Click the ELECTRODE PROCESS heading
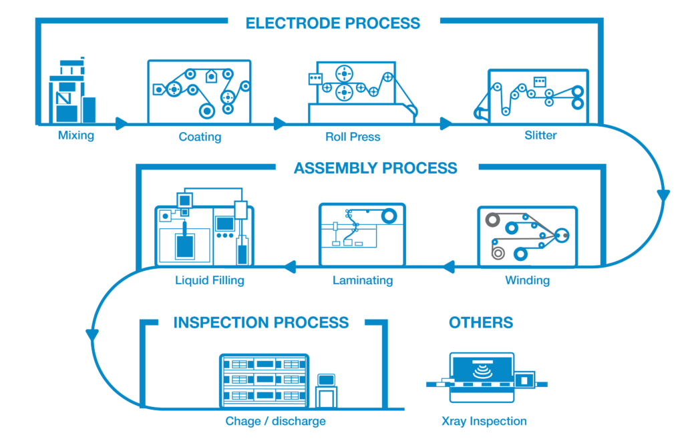pos(333,23)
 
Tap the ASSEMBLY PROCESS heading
pos(375,167)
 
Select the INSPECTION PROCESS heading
pos(261,323)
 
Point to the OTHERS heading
pos(481,323)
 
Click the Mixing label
pos(75,136)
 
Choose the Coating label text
pos(200,137)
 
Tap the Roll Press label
pos(353,137)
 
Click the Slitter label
pos(540,136)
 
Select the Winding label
pos(527,280)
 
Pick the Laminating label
pos(362,280)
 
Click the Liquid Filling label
pos(210,280)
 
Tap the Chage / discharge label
pos(275,422)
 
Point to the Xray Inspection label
pos(484,422)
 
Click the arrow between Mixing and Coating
pos(121,123)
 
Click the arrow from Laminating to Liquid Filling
pos(289,268)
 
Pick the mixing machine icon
pos(71,91)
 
